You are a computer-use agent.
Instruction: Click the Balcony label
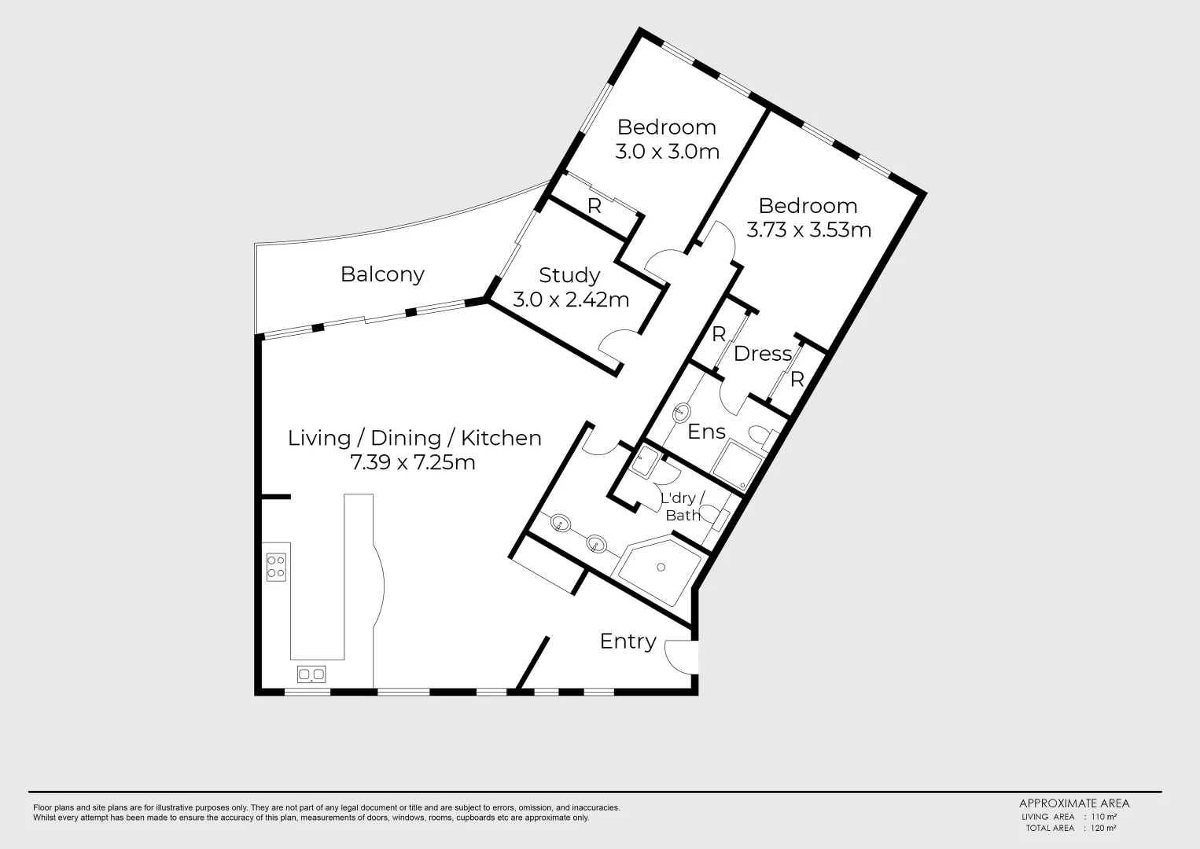point(382,274)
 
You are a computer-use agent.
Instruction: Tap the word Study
point(569,275)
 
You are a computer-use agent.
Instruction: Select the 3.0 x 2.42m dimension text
point(571,300)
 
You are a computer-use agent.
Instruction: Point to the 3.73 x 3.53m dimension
point(808,230)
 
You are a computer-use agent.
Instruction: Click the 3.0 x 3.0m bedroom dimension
point(667,151)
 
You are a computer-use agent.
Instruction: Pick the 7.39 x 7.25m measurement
point(413,462)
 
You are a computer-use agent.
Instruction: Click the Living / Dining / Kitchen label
point(414,438)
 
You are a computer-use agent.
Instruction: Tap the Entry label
point(628,641)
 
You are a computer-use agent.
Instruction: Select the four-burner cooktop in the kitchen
point(276,567)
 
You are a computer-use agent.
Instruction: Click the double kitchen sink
point(311,674)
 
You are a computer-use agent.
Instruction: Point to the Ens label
point(706,432)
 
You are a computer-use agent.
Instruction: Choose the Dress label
point(762,354)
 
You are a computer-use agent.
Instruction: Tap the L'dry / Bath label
point(683,507)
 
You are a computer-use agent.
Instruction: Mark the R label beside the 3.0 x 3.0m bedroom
point(594,207)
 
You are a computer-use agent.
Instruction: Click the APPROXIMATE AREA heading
point(1074,803)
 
